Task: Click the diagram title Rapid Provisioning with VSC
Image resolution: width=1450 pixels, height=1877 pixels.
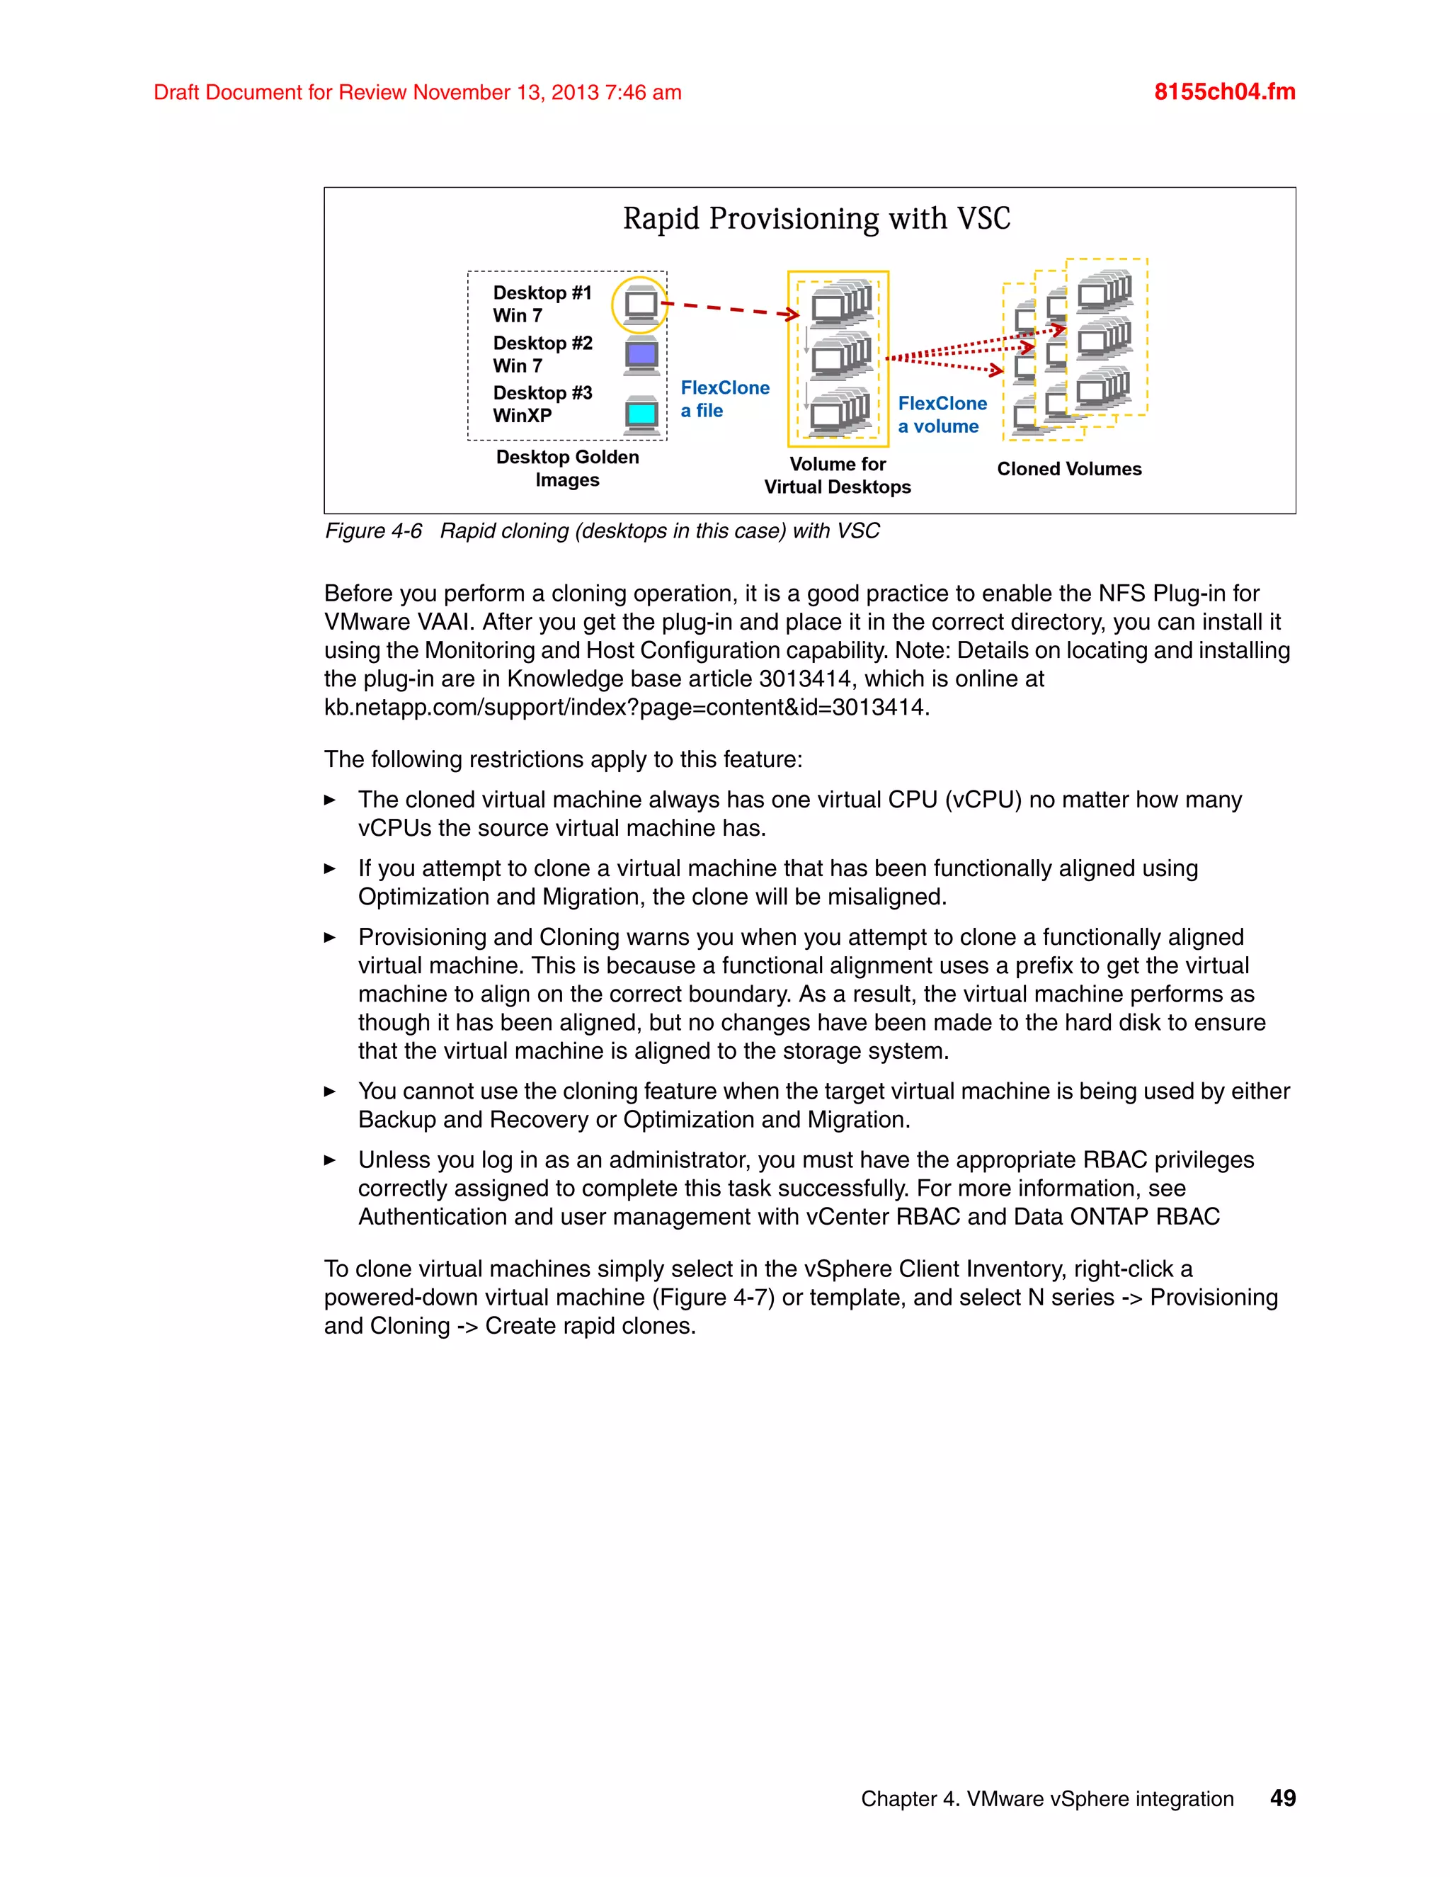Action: tap(816, 218)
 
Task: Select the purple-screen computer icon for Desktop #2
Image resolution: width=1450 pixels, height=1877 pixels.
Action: tap(641, 355)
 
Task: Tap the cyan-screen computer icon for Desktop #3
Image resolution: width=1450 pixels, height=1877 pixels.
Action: tap(641, 415)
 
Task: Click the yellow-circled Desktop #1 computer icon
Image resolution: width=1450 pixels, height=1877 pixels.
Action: tap(640, 305)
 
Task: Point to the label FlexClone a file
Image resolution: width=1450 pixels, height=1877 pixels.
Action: tap(724, 399)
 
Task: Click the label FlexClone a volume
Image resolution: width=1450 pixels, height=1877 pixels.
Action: tap(942, 414)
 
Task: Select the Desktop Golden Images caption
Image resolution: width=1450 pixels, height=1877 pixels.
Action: tap(567, 468)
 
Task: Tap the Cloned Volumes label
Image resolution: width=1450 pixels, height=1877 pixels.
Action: tap(1068, 469)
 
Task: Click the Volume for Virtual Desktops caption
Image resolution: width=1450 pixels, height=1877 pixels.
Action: tap(838, 475)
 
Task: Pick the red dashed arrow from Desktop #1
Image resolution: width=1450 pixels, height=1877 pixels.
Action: tap(729, 310)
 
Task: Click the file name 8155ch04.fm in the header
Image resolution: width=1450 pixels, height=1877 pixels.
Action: tap(1224, 92)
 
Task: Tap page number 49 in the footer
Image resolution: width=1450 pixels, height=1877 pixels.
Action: tap(1282, 1798)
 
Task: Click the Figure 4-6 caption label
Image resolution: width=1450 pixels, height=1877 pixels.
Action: tap(374, 531)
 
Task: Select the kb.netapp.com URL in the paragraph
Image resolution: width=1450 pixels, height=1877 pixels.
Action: tap(625, 708)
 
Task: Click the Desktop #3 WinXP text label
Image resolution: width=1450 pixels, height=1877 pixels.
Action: tap(542, 404)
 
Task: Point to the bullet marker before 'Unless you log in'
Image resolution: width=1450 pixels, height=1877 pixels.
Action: tap(330, 1160)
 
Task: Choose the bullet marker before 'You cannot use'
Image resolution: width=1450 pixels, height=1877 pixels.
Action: tap(330, 1091)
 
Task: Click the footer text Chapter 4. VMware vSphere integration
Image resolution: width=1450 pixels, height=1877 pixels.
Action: tap(1047, 1799)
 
